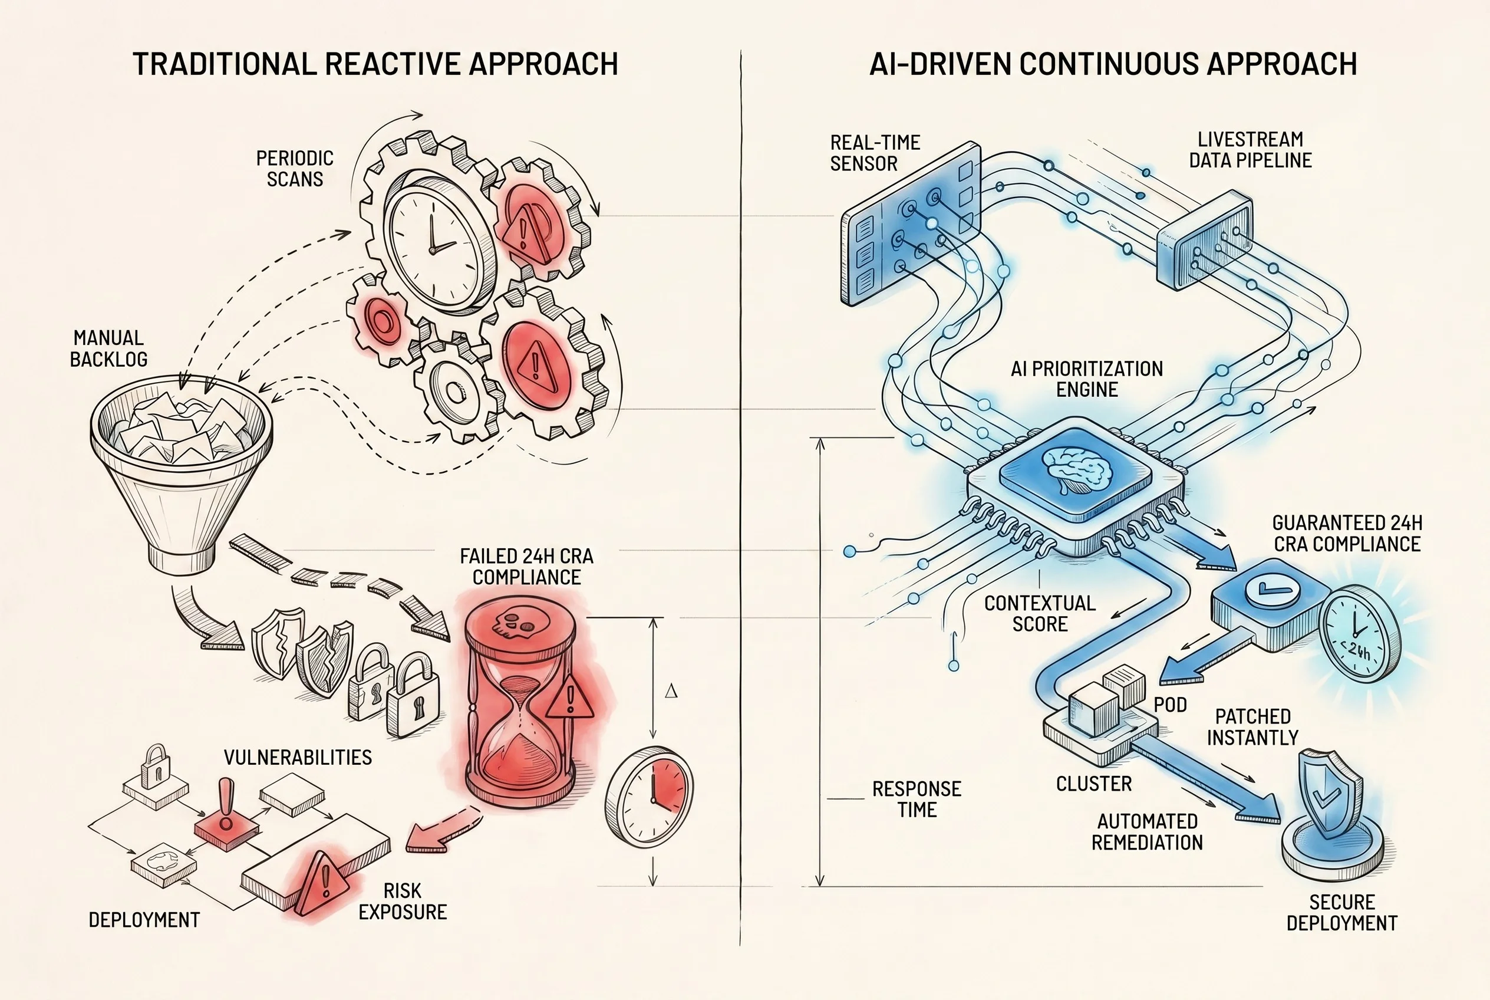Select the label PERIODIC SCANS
pos(295,169)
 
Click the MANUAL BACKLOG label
pos(108,348)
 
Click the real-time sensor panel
pos(911,224)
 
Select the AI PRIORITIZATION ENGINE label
pos(1087,379)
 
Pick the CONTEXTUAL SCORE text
pos(1040,613)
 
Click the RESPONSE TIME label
pos(917,799)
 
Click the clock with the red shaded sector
pos(649,797)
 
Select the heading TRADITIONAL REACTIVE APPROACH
pos(375,64)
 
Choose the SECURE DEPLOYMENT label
pos(1341,913)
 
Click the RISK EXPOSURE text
pos(403,901)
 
